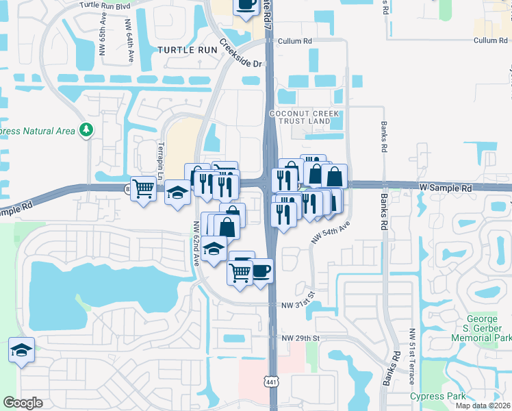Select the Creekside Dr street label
tap(242, 54)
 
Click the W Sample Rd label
tap(446, 187)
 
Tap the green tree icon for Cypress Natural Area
tap(86, 129)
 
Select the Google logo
tap(23, 403)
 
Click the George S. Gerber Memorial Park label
tap(489, 328)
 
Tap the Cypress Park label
tap(437, 396)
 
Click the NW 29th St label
tap(300, 338)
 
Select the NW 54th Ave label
tap(331, 231)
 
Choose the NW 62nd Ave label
tap(196, 243)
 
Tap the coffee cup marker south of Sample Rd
tap(260, 270)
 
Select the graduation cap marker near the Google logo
tap(21, 350)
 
